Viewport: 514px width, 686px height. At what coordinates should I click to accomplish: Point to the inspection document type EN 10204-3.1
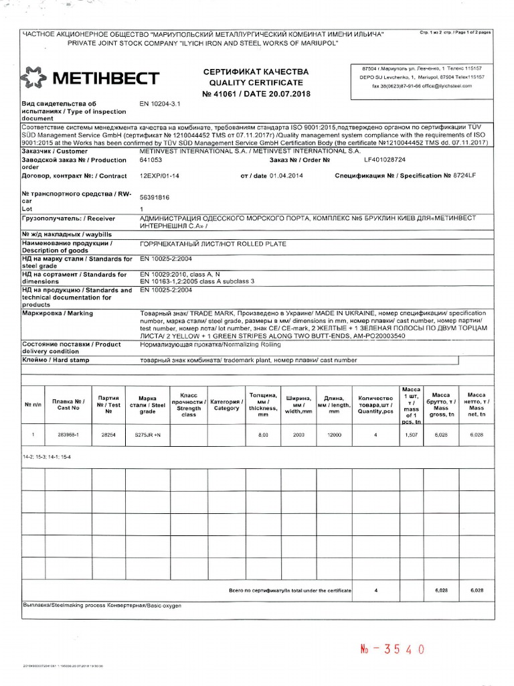click(161, 104)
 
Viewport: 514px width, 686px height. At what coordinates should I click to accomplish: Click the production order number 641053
click(150, 160)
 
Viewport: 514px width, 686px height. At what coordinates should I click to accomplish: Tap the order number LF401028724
click(386, 160)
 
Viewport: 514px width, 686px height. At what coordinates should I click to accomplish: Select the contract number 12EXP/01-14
click(159, 176)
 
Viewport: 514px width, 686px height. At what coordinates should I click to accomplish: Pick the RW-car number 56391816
click(154, 198)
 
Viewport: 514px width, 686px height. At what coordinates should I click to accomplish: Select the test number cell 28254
click(108, 435)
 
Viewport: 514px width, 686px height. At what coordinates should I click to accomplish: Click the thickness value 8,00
click(263, 435)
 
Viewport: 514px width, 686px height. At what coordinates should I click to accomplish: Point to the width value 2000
click(298, 435)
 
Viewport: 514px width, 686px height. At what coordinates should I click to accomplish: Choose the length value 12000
click(334, 435)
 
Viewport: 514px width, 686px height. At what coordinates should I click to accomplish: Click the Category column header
click(226, 404)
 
